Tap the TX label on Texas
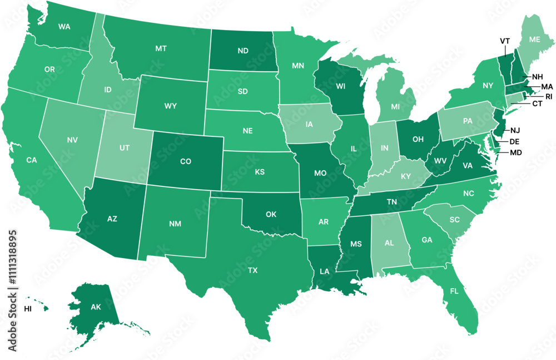[x=252, y=270]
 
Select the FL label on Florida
[x=454, y=290]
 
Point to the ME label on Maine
[x=534, y=40]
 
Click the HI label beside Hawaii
[x=28, y=308]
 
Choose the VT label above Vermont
[x=505, y=41]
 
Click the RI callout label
[x=549, y=96]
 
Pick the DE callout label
[x=514, y=142]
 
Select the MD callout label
[x=516, y=152]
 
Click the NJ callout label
[x=514, y=131]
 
